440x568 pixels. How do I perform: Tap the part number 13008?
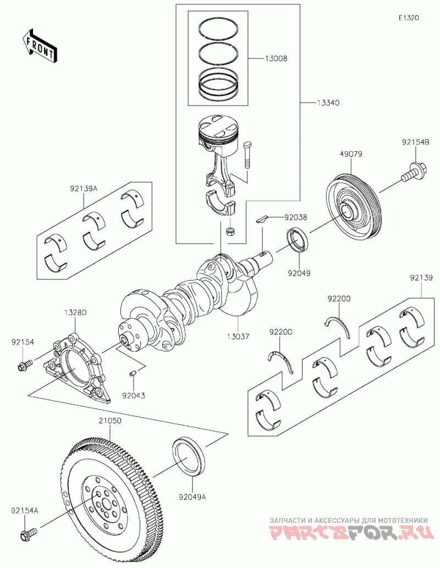[276, 58]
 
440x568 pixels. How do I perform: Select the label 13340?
[328, 103]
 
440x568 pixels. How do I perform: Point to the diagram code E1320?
[409, 18]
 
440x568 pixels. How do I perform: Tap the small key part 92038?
[262, 218]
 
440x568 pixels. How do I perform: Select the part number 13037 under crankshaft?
[238, 337]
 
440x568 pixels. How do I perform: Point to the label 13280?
[75, 312]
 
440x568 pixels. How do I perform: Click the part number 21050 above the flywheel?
[110, 421]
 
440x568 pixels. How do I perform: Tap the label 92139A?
[84, 189]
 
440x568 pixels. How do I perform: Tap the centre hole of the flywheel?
[106, 504]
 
